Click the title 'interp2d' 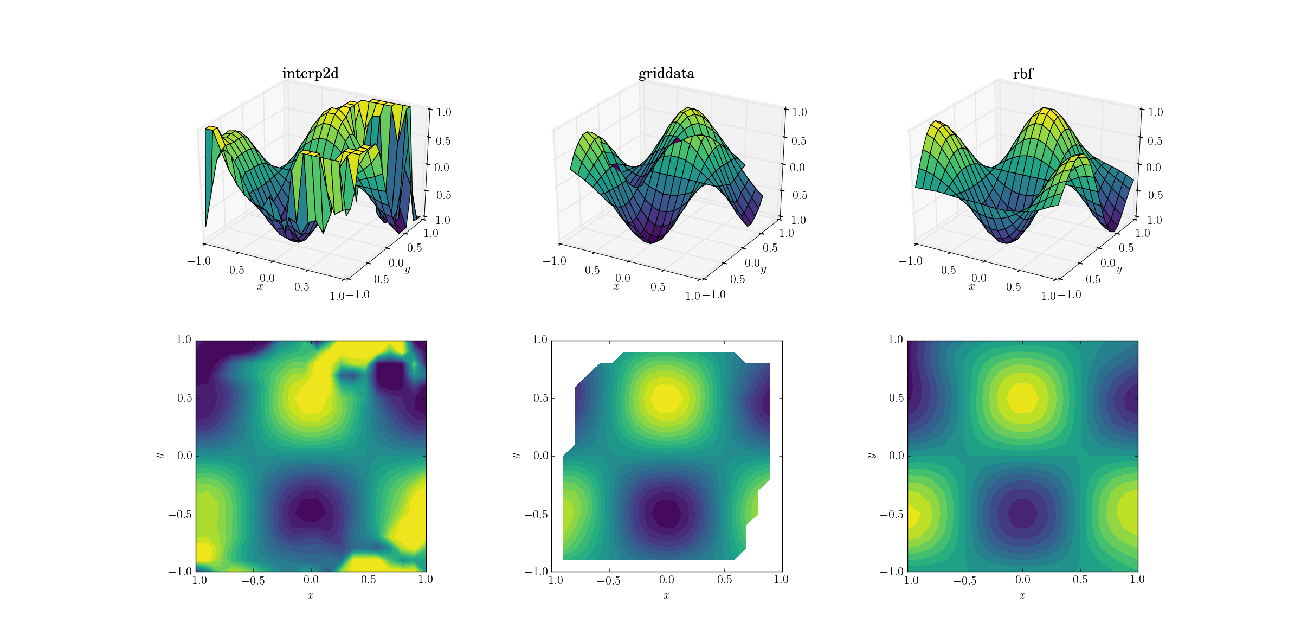310,74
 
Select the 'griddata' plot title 666,74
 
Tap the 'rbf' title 1023,74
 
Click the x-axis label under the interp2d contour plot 311,596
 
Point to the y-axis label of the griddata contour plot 515,456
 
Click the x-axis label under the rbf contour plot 1022,596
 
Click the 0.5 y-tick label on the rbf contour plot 896,398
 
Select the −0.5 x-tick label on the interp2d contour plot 253,580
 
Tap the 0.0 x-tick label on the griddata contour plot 667,580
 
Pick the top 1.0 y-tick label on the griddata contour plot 540,340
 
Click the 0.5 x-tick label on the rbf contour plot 1080,580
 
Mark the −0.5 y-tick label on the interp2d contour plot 180,514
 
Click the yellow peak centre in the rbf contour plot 1022,398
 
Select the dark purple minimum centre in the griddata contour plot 667,513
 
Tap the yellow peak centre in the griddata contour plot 667,398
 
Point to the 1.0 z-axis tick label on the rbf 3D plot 1155,112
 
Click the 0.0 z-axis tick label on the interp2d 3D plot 442,168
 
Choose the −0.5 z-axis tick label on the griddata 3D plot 795,195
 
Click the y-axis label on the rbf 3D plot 1119,270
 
